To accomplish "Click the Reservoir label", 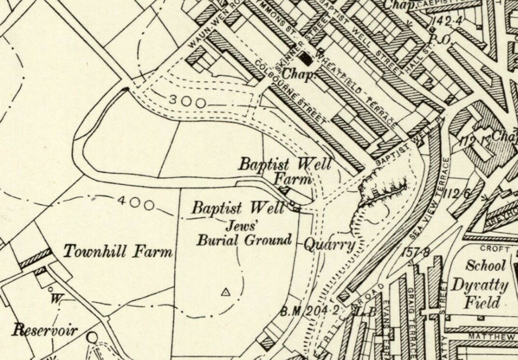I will point(45,330).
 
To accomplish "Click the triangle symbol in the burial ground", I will point(226,292).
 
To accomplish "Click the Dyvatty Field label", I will point(479,293).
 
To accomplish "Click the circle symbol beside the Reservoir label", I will point(92,337).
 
